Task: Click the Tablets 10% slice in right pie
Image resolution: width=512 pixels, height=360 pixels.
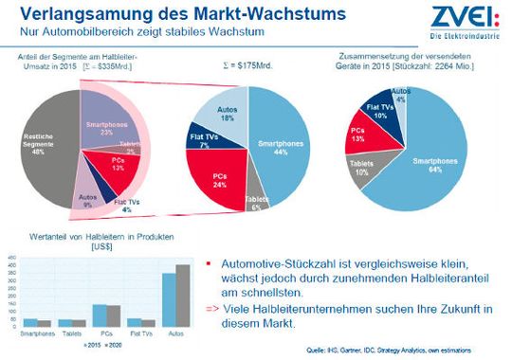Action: click(x=364, y=171)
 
